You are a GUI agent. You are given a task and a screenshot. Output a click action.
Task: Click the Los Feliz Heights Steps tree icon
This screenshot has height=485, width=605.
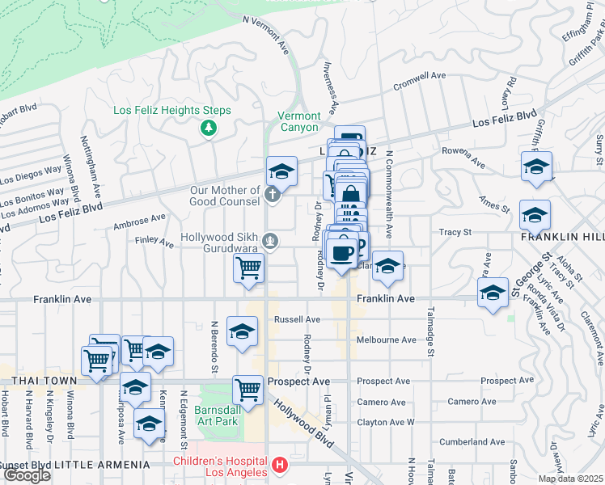tap(209, 127)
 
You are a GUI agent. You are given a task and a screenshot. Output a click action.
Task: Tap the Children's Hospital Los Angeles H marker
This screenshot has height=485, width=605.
tap(279, 465)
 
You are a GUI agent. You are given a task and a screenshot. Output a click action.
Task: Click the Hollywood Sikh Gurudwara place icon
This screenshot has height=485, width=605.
tap(273, 240)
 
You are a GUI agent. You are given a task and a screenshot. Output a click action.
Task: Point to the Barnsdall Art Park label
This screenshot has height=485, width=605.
tap(217, 415)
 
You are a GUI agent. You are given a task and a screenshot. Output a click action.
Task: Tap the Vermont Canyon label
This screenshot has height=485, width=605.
tap(299, 121)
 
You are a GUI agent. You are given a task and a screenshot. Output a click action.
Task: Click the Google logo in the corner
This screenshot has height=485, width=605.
tap(27, 475)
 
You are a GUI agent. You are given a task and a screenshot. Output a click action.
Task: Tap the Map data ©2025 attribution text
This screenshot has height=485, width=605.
tap(570, 479)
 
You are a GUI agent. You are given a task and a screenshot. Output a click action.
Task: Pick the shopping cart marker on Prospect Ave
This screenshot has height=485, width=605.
tap(248, 390)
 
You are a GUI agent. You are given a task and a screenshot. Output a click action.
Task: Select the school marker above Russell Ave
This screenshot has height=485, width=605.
tap(241, 331)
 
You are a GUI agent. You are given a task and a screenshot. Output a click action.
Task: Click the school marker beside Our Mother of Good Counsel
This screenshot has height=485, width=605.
tap(281, 171)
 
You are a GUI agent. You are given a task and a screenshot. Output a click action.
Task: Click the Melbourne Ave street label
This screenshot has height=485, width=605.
tap(386, 339)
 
